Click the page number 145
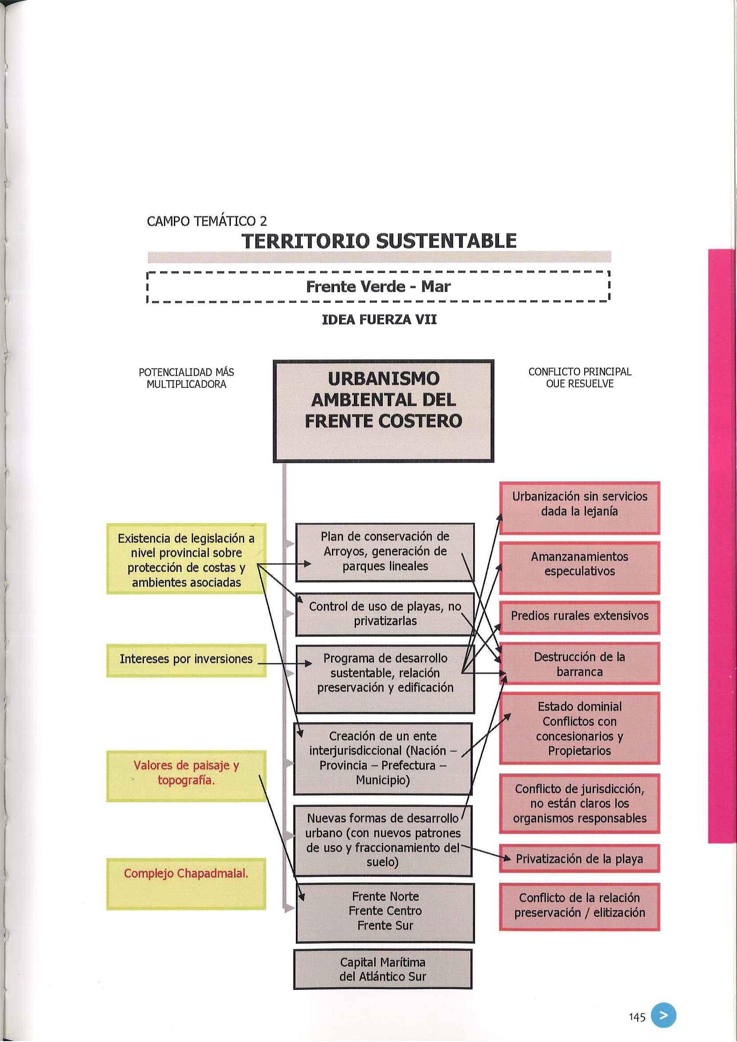click(637, 1005)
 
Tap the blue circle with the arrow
click(663, 1003)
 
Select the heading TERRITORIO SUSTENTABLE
click(379, 241)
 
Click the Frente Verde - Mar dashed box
click(378, 287)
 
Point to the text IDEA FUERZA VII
click(379, 319)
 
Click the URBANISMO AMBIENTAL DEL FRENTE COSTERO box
click(383, 411)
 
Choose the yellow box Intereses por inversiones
click(186, 659)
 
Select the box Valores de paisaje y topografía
click(186, 773)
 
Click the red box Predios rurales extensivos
click(579, 616)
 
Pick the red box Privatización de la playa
click(579, 859)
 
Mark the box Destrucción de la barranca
click(579, 664)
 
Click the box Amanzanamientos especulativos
click(579, 564)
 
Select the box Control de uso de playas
click(385, 614)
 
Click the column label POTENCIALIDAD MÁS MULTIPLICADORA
click(186, 378)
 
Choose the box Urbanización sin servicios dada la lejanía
click(579, 504)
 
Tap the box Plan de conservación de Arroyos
click(385, 551)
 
